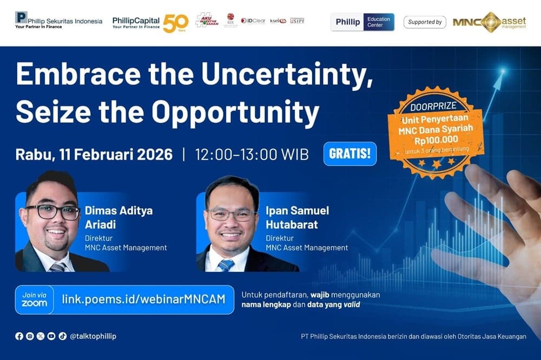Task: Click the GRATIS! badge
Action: [x=349, y=154]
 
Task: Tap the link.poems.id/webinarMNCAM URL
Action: [x=143, y=299]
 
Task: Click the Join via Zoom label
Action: [x=35, y=299]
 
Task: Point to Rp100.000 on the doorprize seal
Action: [x=436, y=139]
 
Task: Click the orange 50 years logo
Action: [x=176, y=23]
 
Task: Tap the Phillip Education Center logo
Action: [x=362, y=22]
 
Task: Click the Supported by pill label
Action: [x=425, y=22]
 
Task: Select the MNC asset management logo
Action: [x=489, y=22]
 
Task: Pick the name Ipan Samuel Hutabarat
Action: [x=297, y=217]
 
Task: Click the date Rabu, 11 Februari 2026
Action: [x=94, y=155]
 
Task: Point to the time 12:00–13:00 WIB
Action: [x=252, y=155]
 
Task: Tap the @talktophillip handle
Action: [x=93, y=336]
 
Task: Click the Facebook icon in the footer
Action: [x=19, y=336]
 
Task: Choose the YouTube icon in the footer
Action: [x=51, y=336]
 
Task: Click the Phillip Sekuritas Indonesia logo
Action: [x=58, y=20]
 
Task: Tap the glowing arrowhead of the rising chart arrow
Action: [x=502, y=71]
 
